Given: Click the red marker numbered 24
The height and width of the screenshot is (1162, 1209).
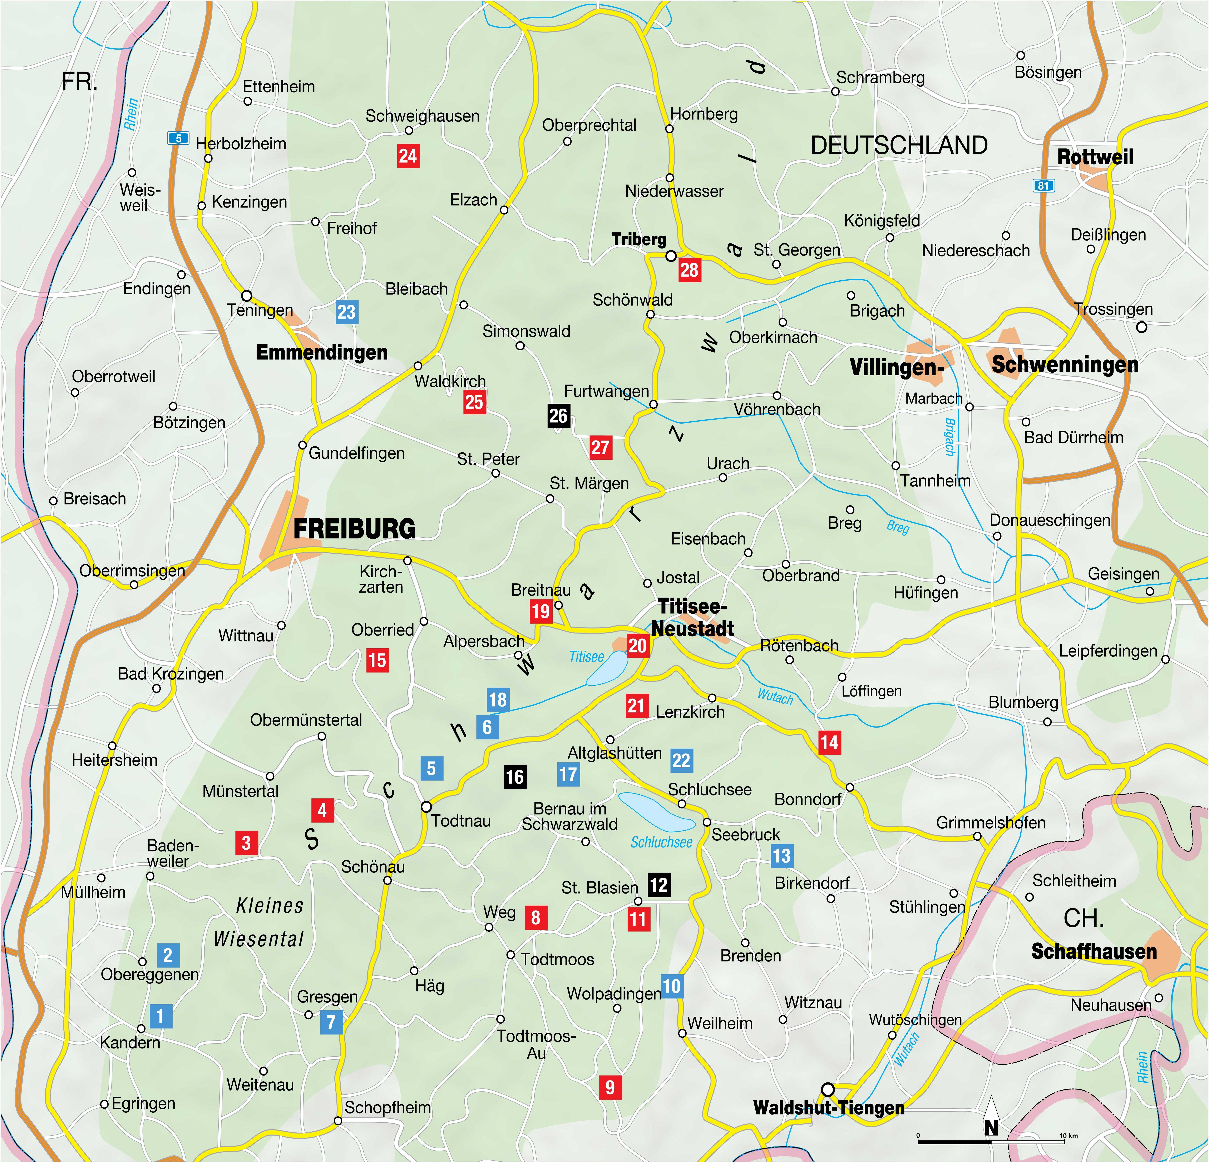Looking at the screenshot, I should [x=408, y=156].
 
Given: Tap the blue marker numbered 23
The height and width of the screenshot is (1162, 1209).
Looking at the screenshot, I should [x=346, y=312].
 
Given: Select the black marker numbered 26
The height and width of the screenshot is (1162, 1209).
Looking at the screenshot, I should [x=558, y=416].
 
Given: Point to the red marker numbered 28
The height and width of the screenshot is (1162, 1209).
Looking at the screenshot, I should [x=689, y=270].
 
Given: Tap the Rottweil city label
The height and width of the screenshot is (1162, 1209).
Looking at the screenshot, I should [x=1096, y=157].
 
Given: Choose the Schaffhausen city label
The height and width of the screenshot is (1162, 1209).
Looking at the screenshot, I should [x=1094, y=951].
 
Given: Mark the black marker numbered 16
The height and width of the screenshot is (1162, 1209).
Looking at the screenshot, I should [x=515, y=777].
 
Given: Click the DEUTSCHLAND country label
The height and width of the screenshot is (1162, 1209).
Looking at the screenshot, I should [x=899, y=145].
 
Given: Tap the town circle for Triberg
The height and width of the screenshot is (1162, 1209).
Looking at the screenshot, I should [x=671, y=255].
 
